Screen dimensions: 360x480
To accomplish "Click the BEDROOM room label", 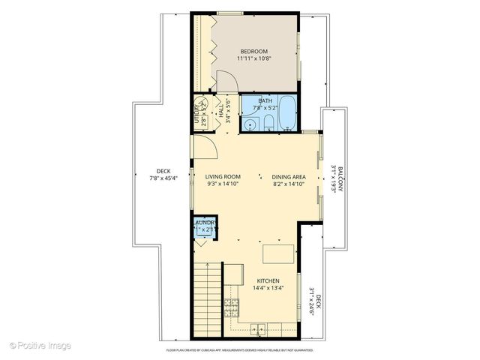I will coord(253,51).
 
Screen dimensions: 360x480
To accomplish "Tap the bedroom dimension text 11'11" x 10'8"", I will coord(253,58).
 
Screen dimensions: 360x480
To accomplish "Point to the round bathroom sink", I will coord(248,124).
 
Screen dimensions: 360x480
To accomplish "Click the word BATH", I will coord(264,100).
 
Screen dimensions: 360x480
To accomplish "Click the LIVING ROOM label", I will coord(222,177).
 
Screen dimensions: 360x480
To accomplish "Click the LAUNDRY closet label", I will coord(205,223).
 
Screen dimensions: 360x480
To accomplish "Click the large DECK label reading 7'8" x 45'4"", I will coord(161,174).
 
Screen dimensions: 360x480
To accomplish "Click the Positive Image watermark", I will coord(40,345).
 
